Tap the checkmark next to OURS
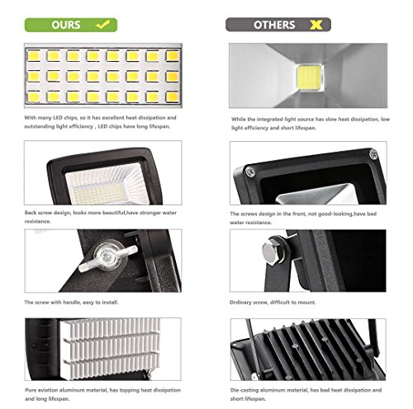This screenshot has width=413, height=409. (x=102, y=26)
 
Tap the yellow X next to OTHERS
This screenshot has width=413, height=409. (x=313, y=26)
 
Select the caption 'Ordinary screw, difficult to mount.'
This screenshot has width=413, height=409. (x=273, y=302)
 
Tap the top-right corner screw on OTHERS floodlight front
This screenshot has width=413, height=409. (x=373, y=153)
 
